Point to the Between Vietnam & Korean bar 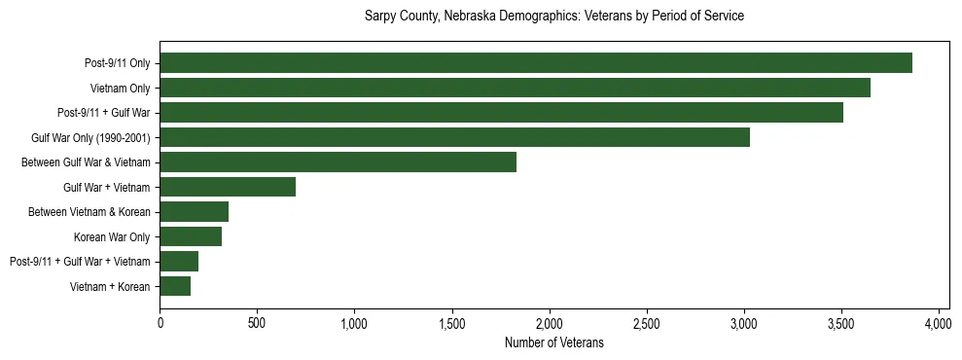click(x=194, y=212)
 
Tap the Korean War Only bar click(x=191, y=236)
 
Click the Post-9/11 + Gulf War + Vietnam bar click(x=179, y=261)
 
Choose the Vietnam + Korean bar click(x=175, y=286)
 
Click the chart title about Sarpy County click(x=554, y=17)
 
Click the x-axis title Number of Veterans click(x=554, y=343)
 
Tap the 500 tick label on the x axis click(x=257, y=324)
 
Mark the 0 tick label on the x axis click(x=160, y=324)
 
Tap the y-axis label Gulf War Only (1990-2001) click(x=90, y=137)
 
